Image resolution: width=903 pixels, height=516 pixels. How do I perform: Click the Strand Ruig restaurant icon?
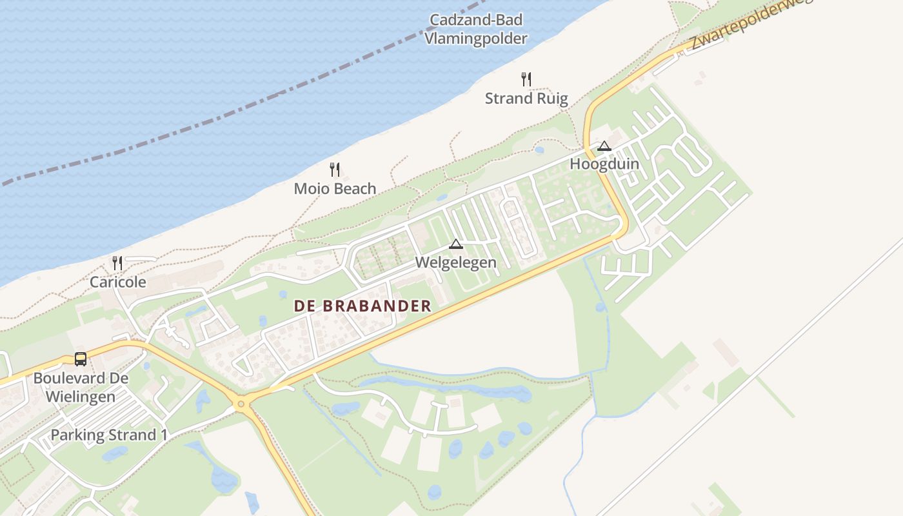click(526, 79)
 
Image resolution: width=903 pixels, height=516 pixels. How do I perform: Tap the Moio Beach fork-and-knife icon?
click(335, 170)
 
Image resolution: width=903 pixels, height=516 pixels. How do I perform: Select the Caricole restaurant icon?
click(117, 263)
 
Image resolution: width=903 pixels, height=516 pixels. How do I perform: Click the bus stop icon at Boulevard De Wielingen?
click(81, 359)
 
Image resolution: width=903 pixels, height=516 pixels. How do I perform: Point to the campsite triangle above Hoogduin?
click(604, 146)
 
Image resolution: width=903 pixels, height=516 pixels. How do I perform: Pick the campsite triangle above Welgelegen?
click(456, 244)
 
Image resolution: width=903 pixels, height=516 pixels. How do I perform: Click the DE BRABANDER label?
click(362, 306)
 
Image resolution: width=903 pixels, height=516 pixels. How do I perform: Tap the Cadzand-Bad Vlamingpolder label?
click(476, 30)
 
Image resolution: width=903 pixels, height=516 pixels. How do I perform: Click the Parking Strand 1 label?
click(109, 435)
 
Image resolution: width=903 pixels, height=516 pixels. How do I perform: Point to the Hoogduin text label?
click(604, 164)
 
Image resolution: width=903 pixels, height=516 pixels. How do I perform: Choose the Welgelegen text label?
click(456, 263)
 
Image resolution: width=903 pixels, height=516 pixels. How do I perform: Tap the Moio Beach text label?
click(335, 188)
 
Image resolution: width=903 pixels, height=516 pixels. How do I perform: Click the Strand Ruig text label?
click(526, 99)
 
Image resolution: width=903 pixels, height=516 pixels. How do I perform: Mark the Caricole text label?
click(118, 282)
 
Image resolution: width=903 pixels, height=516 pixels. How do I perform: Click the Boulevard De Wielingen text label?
click(81, 387)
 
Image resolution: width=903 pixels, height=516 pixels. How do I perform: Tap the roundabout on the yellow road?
click(241, 404)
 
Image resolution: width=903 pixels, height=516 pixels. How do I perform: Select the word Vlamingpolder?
click(476, 39)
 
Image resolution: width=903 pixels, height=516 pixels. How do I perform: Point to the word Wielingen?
click(81, 397)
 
